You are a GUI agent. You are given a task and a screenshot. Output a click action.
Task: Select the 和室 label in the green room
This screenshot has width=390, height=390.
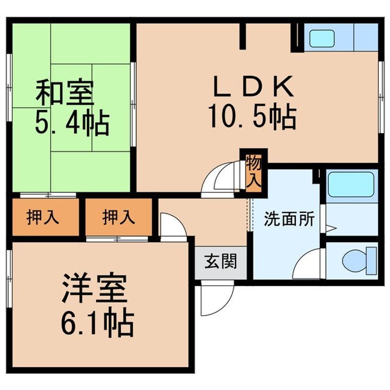[x=64, y=93]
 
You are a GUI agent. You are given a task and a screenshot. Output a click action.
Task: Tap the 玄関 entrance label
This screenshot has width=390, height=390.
[x=220, y=262]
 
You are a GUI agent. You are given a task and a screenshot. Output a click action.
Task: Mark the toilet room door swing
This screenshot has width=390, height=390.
[x=309, y=265]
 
